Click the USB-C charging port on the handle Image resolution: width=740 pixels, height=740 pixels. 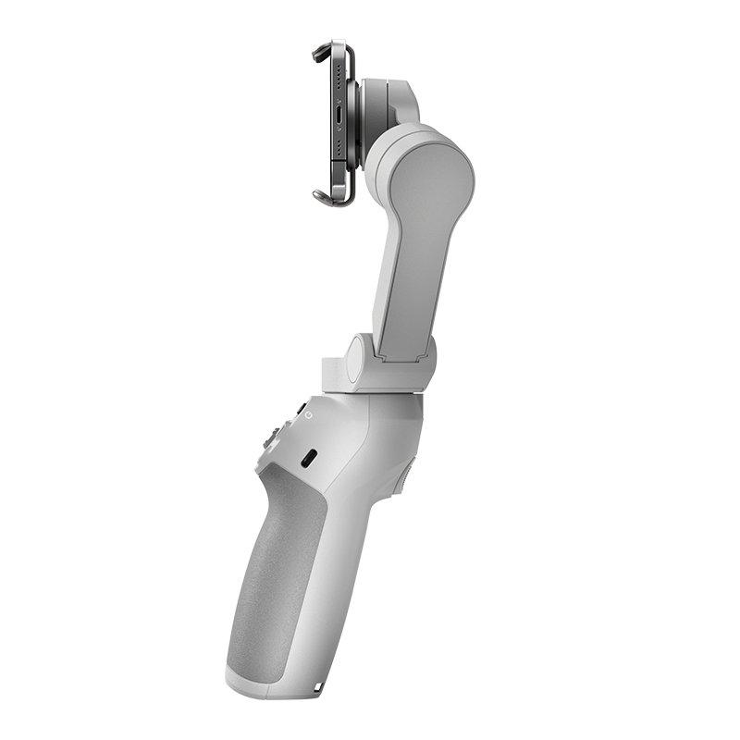pos(310,457)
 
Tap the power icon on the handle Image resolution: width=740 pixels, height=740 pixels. pos(308,416)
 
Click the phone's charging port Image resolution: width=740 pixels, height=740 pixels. pos(339,119)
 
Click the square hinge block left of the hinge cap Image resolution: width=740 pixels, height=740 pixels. pos(332,373)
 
